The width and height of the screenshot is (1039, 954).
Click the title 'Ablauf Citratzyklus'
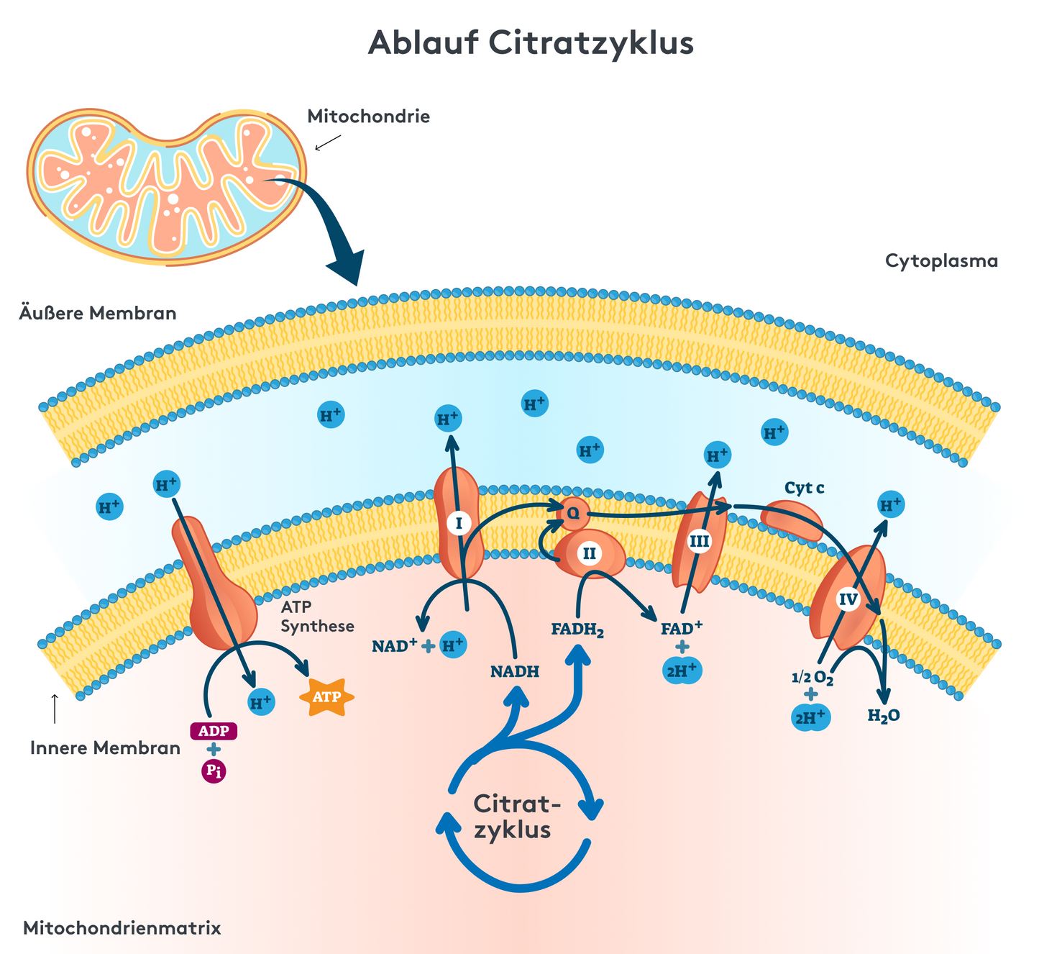coord(531,43)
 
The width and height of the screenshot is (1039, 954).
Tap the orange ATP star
coord(326,696)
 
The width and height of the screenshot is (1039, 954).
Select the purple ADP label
coord(214,731)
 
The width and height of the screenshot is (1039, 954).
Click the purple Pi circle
coord(214,771)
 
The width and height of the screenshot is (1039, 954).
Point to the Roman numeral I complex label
coord(459,522)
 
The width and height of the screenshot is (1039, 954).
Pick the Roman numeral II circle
coord(590,553)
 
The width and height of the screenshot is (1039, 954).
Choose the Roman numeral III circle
coord(699,540)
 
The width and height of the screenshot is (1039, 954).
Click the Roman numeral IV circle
coord(848,599)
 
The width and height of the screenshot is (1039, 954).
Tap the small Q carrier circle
coord(574,513)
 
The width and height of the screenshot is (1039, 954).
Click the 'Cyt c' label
coord(804,489)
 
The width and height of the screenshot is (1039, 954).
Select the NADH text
coord(515,672)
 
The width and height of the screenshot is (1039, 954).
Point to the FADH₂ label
coord(577,630)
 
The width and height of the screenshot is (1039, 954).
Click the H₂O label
coord(884,715)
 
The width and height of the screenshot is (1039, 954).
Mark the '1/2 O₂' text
coord(812,678)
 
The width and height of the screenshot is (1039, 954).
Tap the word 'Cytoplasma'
coord(941,260)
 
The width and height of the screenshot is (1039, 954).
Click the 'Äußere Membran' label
coord(98,314)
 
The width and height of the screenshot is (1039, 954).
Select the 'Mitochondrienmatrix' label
coord(122,928)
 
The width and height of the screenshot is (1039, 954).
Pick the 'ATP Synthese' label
coord(317,617)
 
